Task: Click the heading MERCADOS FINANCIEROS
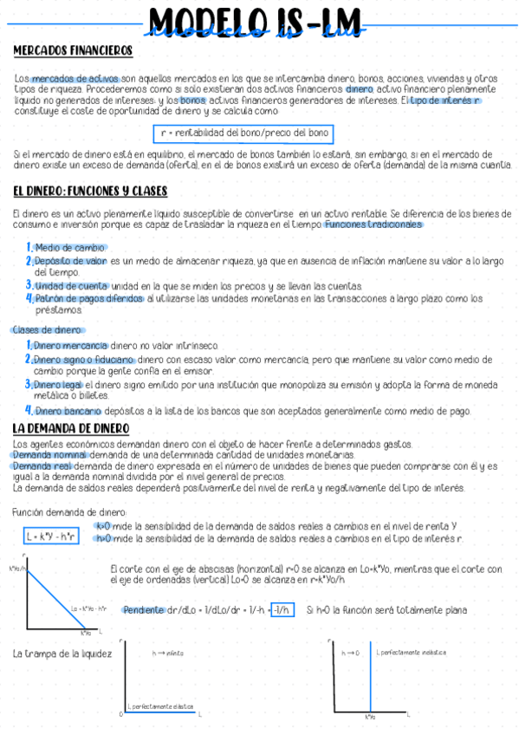73,50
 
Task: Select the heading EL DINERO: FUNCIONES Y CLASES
90,191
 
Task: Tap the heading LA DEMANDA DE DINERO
71,429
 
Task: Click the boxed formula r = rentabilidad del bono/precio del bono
245,133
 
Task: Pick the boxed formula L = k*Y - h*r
50,537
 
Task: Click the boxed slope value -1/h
282,610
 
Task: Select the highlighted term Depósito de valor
71,260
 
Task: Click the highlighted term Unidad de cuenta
72,286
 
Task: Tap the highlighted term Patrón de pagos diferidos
89,298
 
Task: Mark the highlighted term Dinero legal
60,384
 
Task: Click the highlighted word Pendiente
143,610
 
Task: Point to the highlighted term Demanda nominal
43,454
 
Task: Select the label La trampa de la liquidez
62,654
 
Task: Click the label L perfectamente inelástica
411,652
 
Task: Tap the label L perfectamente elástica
160,706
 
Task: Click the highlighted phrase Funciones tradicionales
373,224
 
